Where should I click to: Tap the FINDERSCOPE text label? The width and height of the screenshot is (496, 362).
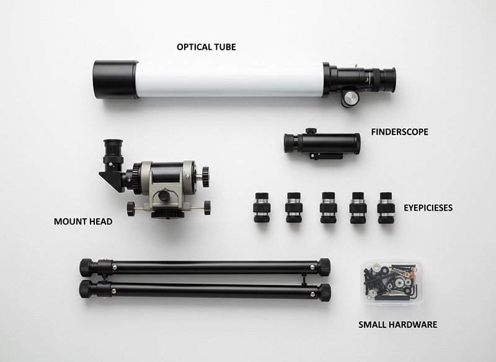pyautogui.click(x=399, y=132)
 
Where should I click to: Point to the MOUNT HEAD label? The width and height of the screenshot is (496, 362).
pyautogui.click(x=83, y=221)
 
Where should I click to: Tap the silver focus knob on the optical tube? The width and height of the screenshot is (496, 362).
pyautogui.click(x=350, y=99)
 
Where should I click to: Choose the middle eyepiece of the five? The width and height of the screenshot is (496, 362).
pyautogui.click(x=327, y=206)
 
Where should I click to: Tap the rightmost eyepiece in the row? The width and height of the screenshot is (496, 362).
pyautogui.click(x=387, y=206)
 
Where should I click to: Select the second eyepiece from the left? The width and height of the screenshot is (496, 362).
pyautogui.click(x=293, y=206)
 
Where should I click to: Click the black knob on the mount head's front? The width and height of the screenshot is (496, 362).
pyautogui.click(x=163, y=196)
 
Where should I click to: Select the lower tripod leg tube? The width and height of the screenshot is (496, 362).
pyautogui.click(x=205, y=289)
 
